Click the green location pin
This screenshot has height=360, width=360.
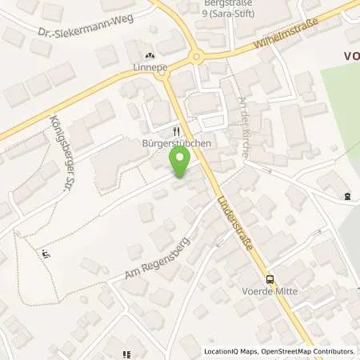(180, 164)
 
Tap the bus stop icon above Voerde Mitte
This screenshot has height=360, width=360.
(270, 279)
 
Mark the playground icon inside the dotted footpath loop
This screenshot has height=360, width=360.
(46, 254)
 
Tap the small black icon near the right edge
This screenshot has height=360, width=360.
(346, 196)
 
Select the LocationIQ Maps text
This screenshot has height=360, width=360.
(226, 350)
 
